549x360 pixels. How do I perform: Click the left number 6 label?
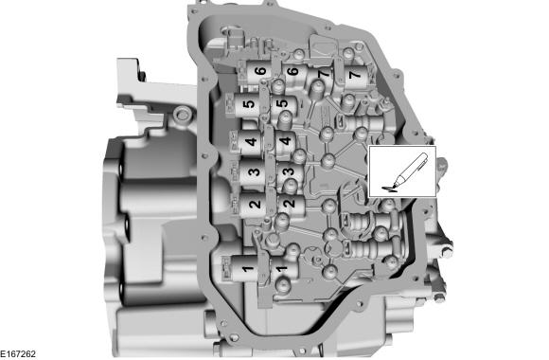tap(259, 72)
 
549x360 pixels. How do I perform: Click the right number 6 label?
tap(293, 72)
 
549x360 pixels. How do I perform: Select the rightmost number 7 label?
tap(356, 73)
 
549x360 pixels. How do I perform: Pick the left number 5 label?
tap(248, 107)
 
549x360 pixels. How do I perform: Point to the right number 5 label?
tap(281, 103)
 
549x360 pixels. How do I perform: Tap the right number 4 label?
tap(286, 142)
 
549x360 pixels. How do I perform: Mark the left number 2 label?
tap(254, 203)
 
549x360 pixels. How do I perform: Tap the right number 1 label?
tap(280, 271)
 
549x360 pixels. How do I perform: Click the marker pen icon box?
tap(402, 171)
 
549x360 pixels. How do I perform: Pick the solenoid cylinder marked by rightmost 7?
tap(360, 78)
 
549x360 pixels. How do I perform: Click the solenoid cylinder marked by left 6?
tap(256, 76)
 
